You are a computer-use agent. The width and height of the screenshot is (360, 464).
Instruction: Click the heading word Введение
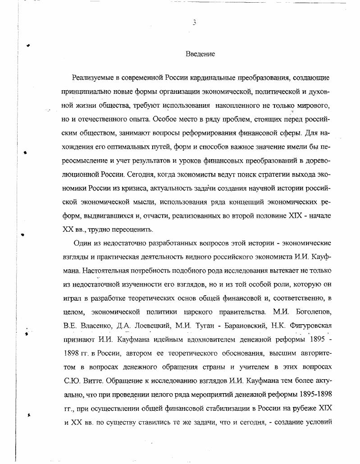[x=200, y=54]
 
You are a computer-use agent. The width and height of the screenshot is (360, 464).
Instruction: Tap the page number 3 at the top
[x=194, y=23]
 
